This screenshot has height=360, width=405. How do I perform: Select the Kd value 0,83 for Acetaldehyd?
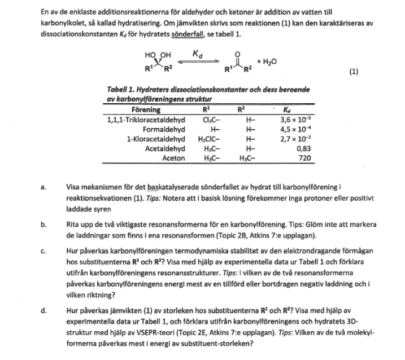coord(302,148)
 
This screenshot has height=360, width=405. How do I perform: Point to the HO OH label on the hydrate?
coord(158,55)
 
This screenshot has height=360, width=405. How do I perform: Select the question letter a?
coord(43,185)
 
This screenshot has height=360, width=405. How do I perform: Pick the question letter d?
coord(43,310)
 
